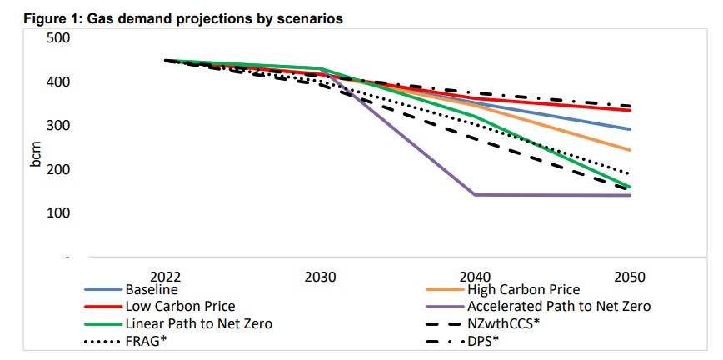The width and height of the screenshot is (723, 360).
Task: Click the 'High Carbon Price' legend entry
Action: tap(523, 290)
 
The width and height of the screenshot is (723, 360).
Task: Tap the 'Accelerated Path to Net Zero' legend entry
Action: tap(559, 306)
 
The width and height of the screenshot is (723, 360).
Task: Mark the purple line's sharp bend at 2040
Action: tap(476, 195)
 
